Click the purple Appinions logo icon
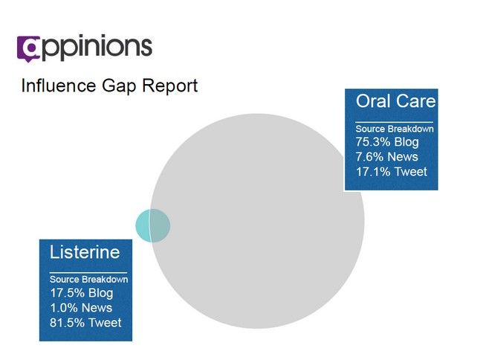coord(29,48)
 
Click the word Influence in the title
coord(59,86)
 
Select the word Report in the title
coord(169,86)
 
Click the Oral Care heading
coord(396,101)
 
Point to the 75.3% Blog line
coord(387,142)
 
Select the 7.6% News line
coord(387,157)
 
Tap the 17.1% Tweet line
coord(392,171)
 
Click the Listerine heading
coord(85,252)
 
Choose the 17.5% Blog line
coord(82,293)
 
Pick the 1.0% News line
coord(81,308)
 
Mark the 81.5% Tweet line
coord(85,322)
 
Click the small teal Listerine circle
coord(153,225)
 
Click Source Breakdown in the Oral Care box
coord(395,129)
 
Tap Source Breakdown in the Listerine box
coord(88,280)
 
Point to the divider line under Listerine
coord(88,272)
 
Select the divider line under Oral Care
coord(394,122)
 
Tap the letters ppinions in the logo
coord(96,48)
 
